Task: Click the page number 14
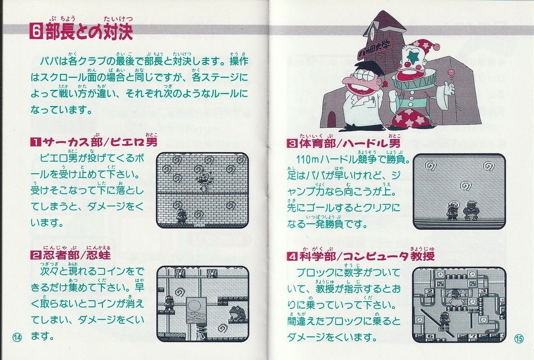coord(17,337)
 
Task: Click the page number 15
coord(519,339)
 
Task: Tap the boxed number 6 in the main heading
coord(36,31)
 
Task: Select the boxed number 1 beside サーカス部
coord(36,142)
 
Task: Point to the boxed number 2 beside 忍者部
coord(36,255)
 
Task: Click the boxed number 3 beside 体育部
coord(292,144)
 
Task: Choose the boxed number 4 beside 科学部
coord(292,256)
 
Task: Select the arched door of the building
coord(332,119)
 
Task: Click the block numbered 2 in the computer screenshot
coord(430,291)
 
